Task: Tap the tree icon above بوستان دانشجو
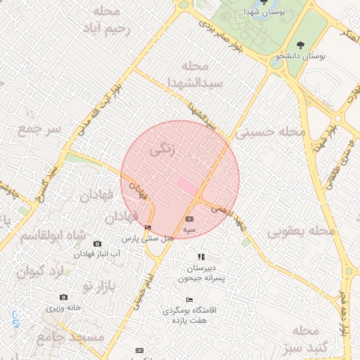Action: tap(301, 46)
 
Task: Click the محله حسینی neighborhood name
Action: tap(271, 131)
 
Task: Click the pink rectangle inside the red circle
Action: tap(186, 186)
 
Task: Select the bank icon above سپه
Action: tap(189, 219)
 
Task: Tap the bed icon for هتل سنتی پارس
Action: tap(148, 227)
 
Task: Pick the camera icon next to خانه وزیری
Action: tap(65, 297)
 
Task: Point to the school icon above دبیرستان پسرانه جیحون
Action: tap(201, 257)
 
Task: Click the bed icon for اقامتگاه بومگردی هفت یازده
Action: tap(189, 300)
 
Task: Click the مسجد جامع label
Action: tap(77, 337)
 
